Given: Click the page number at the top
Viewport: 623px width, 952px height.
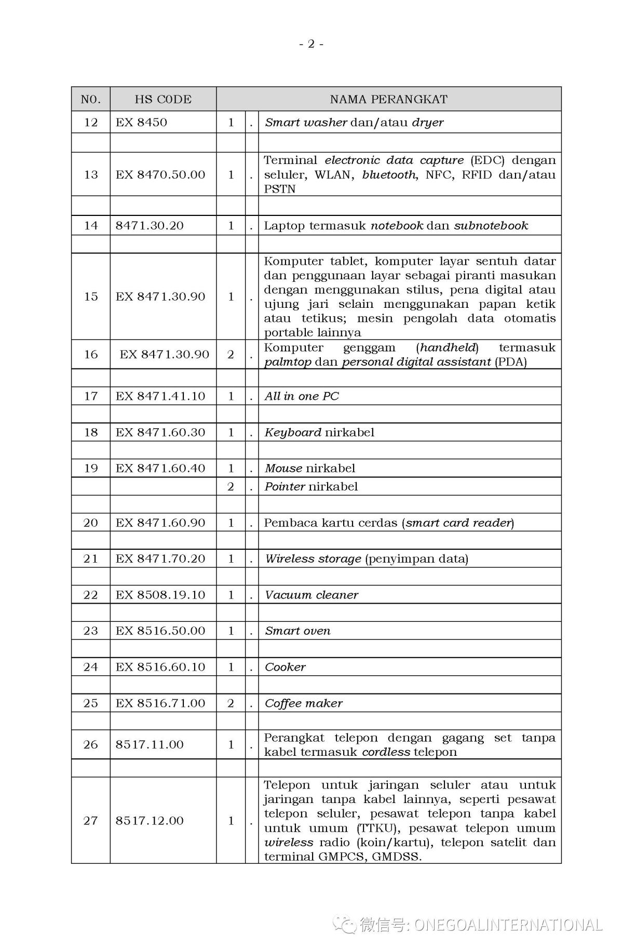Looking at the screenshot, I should pyautogui.click(x=311, y=44).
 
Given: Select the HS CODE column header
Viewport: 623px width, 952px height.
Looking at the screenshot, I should pyautogui.click(x=163, y=99).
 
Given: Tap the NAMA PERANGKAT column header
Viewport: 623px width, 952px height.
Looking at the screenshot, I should pyautogui.click(x=388, y=99).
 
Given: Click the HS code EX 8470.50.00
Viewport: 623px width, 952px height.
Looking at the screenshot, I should pyautogui.click(x=160, y=174).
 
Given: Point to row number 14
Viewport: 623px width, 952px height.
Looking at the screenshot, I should pyautogui.click(x=91, y=225).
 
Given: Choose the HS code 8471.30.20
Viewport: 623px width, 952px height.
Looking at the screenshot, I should pyautogui.click(x=150, y=225).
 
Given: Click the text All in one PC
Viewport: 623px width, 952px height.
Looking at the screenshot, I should pyautogui.click(x=302, y=396).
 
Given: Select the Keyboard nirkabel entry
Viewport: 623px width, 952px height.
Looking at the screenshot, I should pyautogui.click(x=319, y=432).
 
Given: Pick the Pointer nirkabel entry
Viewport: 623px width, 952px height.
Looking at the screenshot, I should pyautogui.click(x=311, y=486).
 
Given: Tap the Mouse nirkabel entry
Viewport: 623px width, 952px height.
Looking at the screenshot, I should pyautogui.click(x=310, y=468).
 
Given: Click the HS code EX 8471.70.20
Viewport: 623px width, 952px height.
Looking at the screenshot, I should pyautogui.click(x=160, y=559).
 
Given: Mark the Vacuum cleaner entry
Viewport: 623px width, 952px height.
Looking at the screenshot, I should pyautogui.click(x=311, y=595).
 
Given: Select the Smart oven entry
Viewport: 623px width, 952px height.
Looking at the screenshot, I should pyautogui.click(x=297, y=631).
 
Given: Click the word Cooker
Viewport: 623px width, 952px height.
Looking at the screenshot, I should pyautogui.click(x=285, y=667).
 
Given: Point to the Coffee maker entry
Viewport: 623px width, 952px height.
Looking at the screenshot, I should pyautogui.click(x=304, y=703).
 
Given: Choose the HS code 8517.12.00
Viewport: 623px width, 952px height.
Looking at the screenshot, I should pyautogui.click(x=150, y=821).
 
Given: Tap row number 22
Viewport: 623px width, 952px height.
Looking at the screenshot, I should pyautogui.click(x=91, y=595).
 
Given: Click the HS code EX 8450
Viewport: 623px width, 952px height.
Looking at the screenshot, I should pyautogui.click(x=141, y=123).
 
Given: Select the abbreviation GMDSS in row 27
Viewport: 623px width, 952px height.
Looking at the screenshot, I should pyautogui.click(x=395, y=856).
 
